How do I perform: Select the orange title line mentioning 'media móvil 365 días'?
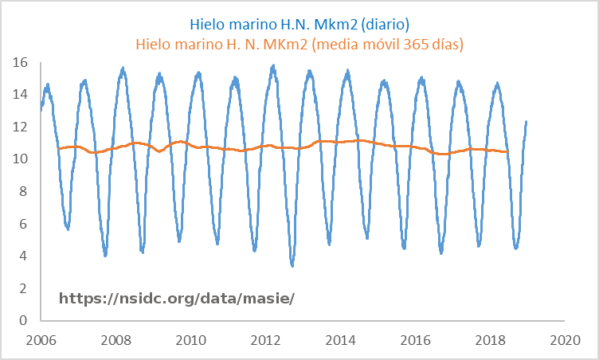pos(299,43)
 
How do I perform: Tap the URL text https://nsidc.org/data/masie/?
pos(177,298)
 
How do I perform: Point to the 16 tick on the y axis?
pos(22,62)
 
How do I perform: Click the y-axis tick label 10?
pos(22,159)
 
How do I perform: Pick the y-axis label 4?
pos(25,256)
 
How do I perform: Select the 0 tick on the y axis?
pos(25,321)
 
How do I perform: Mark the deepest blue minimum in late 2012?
pos(292,265)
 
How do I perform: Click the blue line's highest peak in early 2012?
pos(273,66)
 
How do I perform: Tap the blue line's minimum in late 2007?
pos(105,256)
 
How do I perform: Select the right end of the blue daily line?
pos(527,121)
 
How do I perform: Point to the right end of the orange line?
pos(508,151)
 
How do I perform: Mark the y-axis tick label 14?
pos(22,94)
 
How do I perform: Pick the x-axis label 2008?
pos(115,340)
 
